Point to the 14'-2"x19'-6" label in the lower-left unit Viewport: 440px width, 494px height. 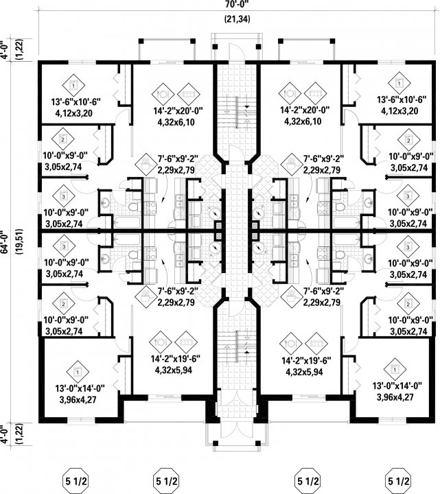[x=167, y=359]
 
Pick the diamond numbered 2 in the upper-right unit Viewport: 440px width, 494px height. [x=408, y=141]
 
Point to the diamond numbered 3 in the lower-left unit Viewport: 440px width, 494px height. [x=64, y=246]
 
